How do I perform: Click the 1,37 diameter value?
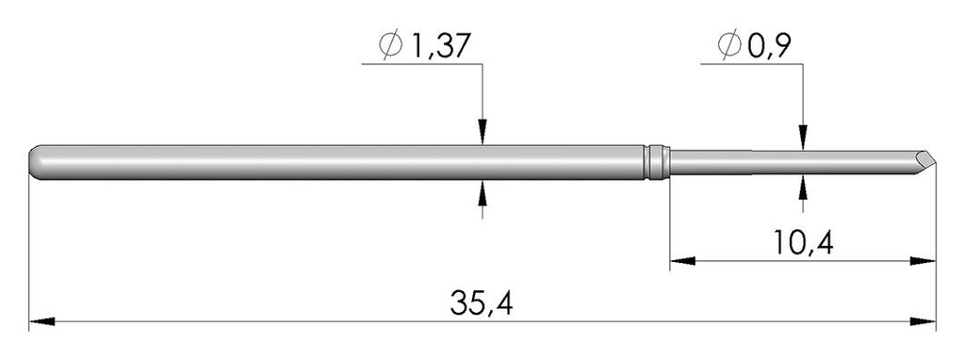point(436,43)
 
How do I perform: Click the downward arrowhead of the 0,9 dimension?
point(802,139)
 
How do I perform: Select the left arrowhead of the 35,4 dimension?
point(40,322)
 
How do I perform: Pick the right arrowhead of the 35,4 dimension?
point(924,322)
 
